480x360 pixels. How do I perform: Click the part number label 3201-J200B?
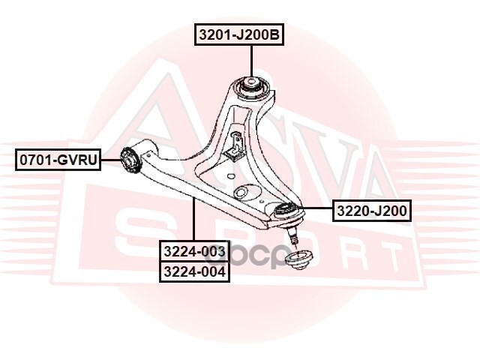[239, 34]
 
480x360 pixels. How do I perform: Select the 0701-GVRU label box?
[58, 160]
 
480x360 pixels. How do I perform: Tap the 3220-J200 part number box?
[372, 211]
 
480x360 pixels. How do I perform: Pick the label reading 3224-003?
[194, 251]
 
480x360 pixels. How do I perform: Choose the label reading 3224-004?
[194, 271]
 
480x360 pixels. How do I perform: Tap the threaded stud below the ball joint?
[292, 235]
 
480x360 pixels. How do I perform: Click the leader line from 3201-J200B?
[252, 61]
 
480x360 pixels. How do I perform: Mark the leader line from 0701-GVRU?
[110, 160]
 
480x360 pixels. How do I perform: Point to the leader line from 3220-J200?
[314, 208]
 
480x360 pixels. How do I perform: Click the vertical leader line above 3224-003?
[193, 220]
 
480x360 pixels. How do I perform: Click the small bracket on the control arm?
[235, 144]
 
